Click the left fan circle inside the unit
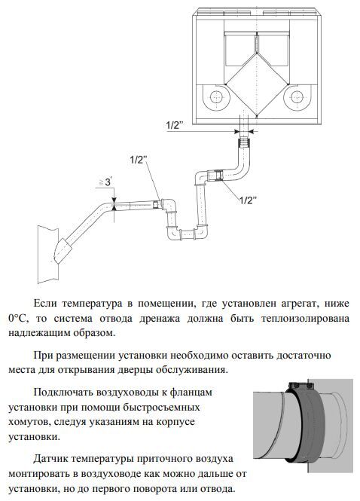pos(216,96)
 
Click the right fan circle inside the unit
pos(297,96)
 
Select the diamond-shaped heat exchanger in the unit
pos(257,84)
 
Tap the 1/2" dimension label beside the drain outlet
pos(174,125)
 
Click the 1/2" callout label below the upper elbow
pos(249,200)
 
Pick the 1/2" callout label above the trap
pos(138,160)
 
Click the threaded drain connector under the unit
pos(245,142)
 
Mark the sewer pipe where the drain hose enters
pos(48,254)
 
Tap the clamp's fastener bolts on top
pos(300,385)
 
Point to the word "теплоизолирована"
pos(305,319)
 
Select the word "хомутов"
pos(29,422)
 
